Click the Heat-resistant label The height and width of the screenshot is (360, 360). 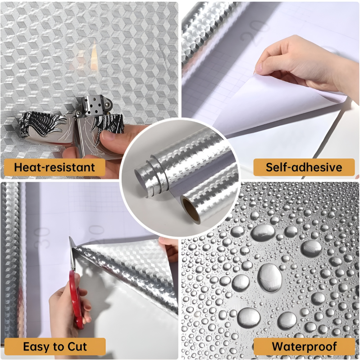[x=55, y=167]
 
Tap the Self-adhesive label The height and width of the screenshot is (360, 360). [x=304, y=167]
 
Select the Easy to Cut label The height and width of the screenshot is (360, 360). [x=55, y=346]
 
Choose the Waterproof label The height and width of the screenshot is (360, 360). [x=304, y=346]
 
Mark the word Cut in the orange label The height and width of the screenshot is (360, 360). [x=77, y=346]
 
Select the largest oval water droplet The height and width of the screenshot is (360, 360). [x=269, y=278]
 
